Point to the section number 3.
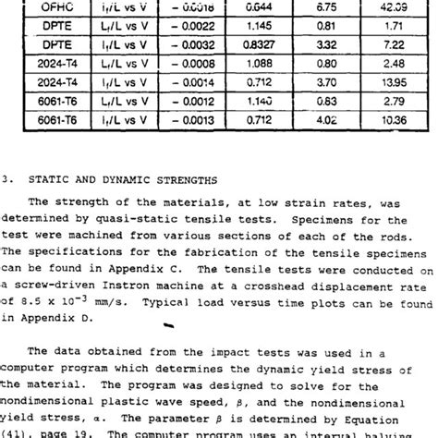tap(6, 179)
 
